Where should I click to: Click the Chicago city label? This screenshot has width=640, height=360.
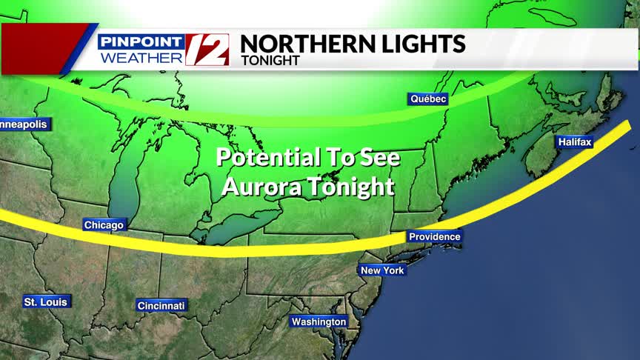click(x=104, y=225)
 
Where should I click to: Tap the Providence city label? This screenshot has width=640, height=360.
click(x=434, y=237)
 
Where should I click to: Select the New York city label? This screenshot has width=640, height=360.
click(x=382, y=270)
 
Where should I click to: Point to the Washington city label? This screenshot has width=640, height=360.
click(x=319, y=321)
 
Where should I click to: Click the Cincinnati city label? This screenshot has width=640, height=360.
click(x=161, y=305)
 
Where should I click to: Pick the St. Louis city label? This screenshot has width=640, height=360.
click(x=46, y=301)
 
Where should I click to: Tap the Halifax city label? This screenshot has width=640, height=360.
click(x=575, y=141)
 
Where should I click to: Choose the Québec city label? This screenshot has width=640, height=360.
click(x=428, y=99)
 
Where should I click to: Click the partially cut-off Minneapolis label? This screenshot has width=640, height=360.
click(x=22, y=124)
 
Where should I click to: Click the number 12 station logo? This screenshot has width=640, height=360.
click(x=207, y=50)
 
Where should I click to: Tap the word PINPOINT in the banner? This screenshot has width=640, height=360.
click(x=140, y=41)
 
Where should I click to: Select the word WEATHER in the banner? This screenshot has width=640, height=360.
click(x=141, y=57)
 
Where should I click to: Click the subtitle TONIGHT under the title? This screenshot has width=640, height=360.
click(x=270, y=61)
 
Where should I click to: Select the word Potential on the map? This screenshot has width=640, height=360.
click(x=266, y=157)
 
